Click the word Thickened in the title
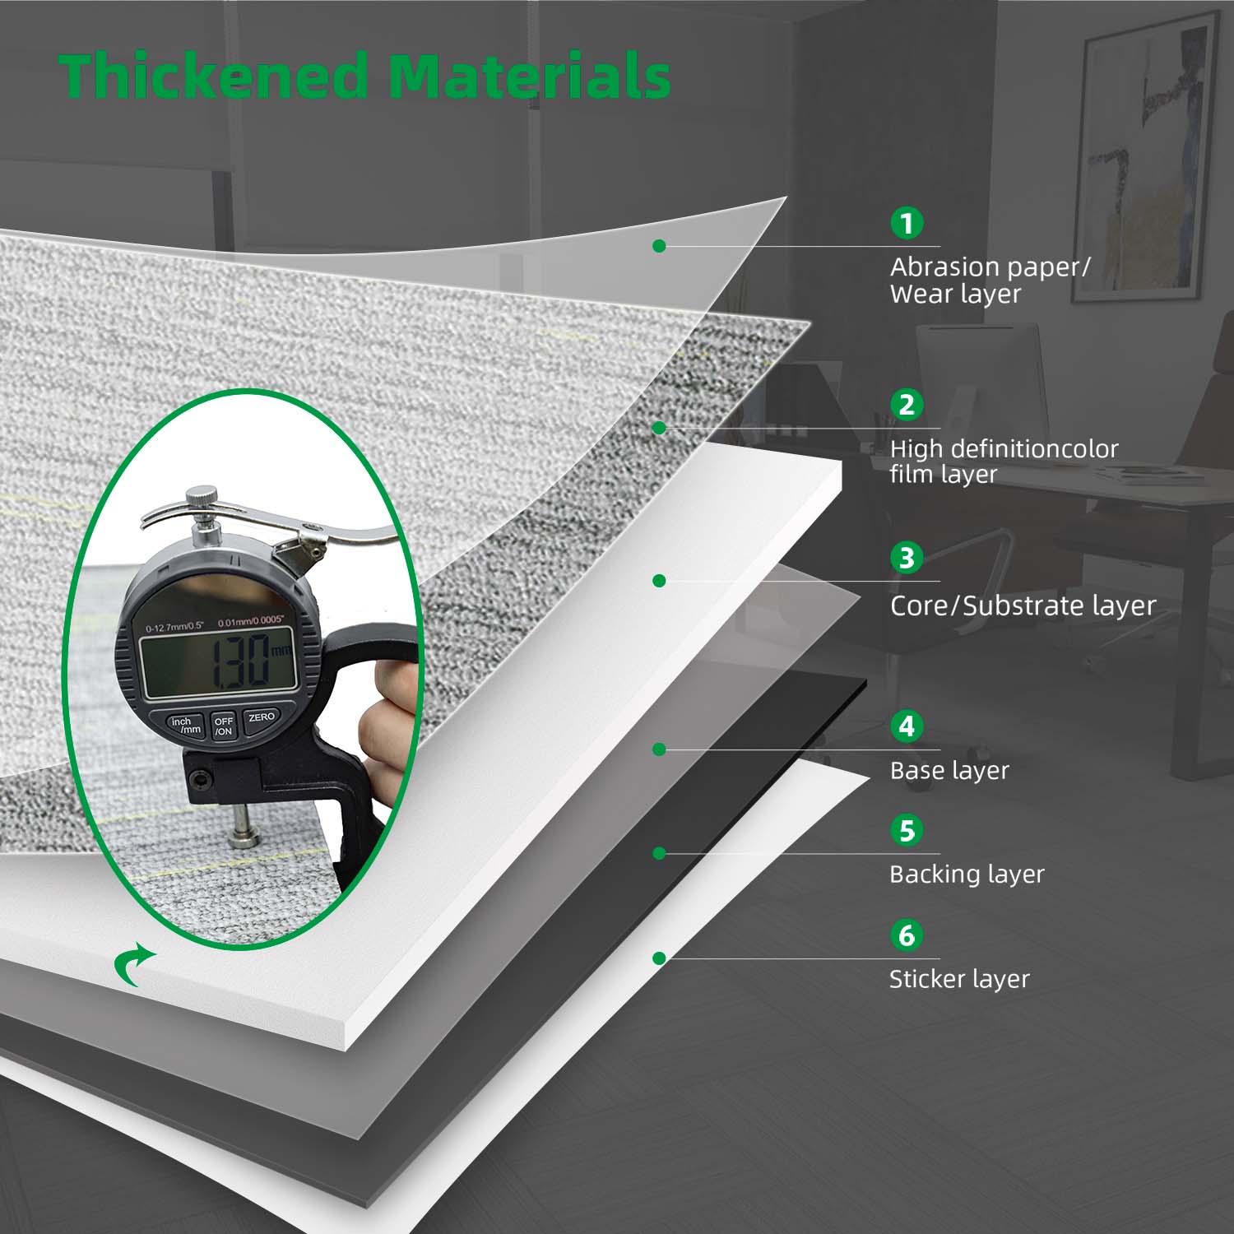pos(213,76)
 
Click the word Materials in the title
pos(529,76)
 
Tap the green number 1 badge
pos(907,223)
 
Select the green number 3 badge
pos(907,558)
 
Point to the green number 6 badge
pos(907,935)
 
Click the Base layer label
pos(949,771)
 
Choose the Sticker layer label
pos(959,979)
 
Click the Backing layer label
pos(967,874)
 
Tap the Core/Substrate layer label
pos(1023,606)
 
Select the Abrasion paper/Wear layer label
pos(990,281)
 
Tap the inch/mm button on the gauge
pos(185,725)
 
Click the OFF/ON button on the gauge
pos(224,726)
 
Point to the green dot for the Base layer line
pos(659,749)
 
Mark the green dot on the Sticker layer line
pos(659,958)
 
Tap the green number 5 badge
pos(907,831)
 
